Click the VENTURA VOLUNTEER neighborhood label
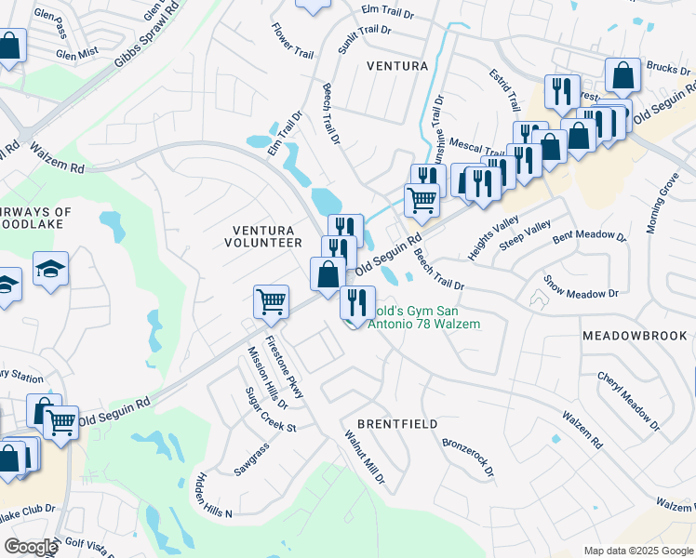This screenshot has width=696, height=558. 263,236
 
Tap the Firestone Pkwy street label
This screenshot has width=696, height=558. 284,366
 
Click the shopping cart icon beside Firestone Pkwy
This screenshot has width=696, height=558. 271,299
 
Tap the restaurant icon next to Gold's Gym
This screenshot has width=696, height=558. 355,300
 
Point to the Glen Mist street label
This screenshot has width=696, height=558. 77,54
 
